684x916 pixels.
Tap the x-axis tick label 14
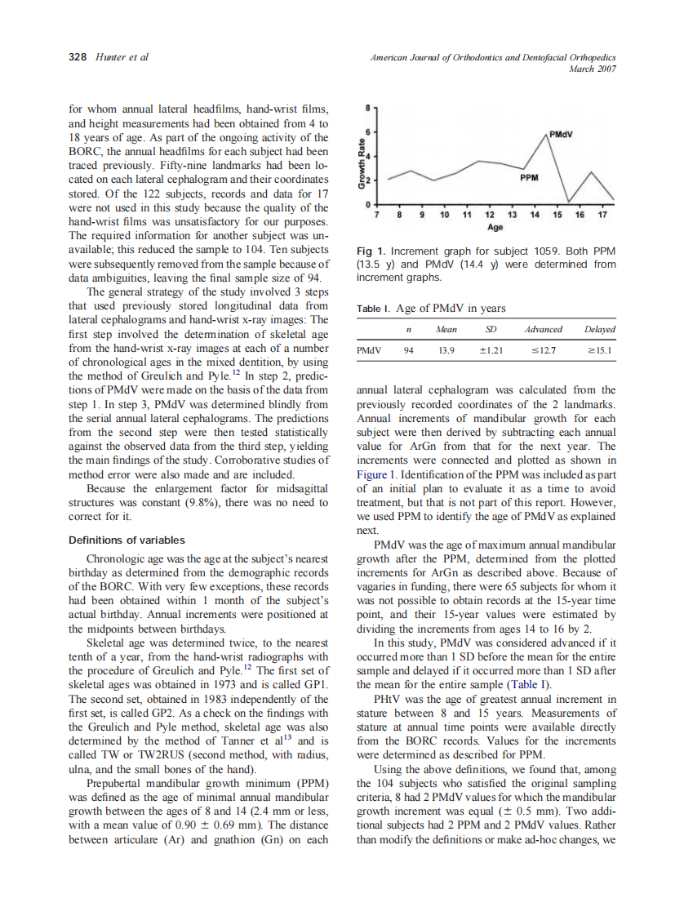point(535,215)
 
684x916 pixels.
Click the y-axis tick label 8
point(368,108)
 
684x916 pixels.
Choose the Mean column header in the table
point(446,329)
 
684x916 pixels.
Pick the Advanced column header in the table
point(543,329)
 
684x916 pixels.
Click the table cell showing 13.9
point(446,351)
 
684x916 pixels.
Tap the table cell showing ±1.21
point(491,351)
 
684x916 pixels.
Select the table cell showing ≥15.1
point(599,351)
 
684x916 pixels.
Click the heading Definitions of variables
point(127,540)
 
